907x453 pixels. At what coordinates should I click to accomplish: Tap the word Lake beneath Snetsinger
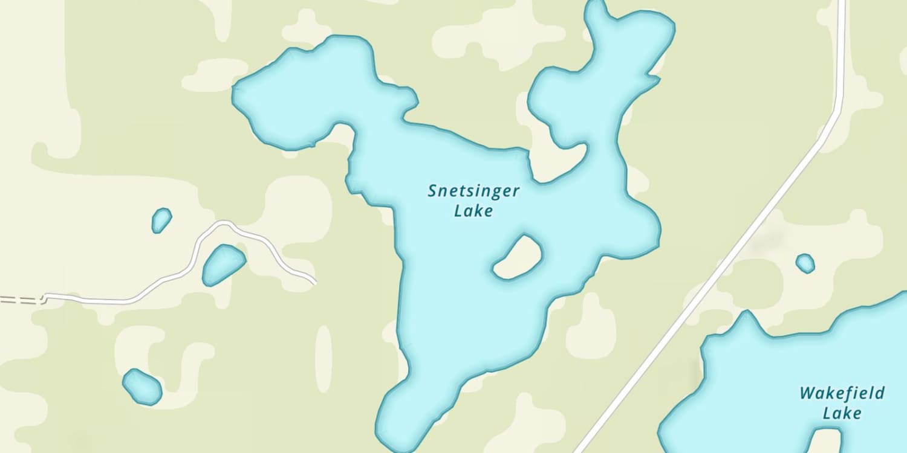[x=473, y=211]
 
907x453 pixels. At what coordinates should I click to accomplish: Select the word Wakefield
[x=842, y=394]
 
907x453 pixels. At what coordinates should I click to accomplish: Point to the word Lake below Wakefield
[x=842, y=414]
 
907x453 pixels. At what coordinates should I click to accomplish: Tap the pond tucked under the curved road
[x=223, y=264]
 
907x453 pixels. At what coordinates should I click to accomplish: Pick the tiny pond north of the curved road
[x=161, y=220]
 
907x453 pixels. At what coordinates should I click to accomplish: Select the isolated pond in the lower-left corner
[x=142, y=387]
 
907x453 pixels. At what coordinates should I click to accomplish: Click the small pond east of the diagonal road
[x=805, y=263]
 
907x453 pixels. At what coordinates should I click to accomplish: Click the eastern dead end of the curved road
[x=314, y=282]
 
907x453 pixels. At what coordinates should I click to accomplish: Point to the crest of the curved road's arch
[x=225, y=223]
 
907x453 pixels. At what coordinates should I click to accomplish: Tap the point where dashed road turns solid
[x=42, y=298]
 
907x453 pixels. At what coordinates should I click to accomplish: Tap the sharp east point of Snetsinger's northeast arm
[x=658, y=78]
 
